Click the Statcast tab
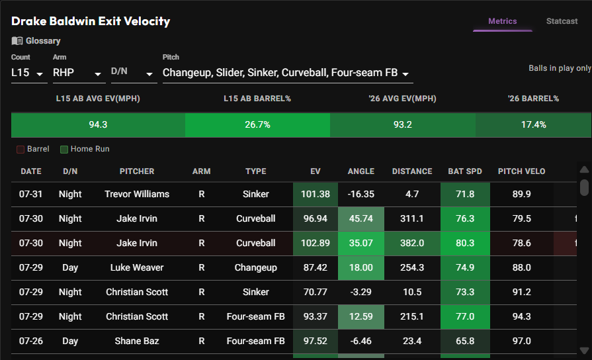click(562, 21)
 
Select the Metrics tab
click(502, 21)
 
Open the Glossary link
click(36, 41)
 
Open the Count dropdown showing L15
click(27, 73)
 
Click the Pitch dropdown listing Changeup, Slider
click(288, 73)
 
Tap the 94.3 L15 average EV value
click(98, 124)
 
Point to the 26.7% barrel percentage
click(257, 124)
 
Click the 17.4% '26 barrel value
click(534, 124)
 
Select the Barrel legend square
click(21, 149)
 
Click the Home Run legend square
click(64, 149)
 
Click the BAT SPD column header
click(465, 171)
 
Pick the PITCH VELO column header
click(521, 171)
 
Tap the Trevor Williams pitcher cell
click(137, 194)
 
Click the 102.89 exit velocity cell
click(316, 244)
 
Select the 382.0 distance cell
click(412, 244)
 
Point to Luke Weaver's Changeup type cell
click(255, 268)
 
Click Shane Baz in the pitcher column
click(137, 341)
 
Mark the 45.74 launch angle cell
click(361, 219)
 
